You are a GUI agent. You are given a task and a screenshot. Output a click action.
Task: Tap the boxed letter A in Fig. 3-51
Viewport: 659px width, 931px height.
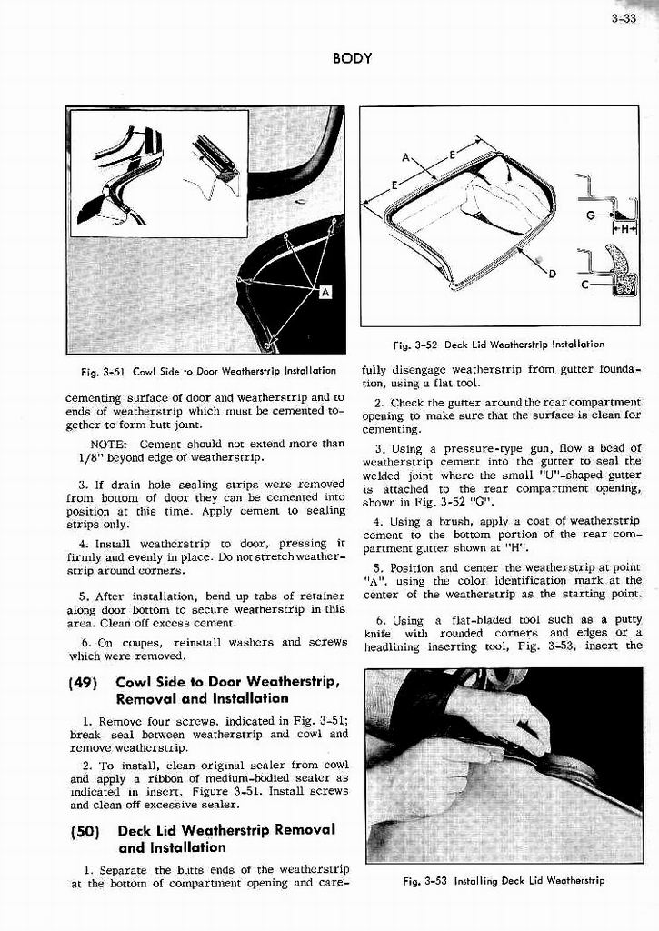pos(325,292)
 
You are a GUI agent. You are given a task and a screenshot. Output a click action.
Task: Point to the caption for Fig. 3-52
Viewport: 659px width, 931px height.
pos(499,345)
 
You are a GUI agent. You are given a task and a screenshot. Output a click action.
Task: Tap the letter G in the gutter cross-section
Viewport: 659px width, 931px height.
pos(592,215)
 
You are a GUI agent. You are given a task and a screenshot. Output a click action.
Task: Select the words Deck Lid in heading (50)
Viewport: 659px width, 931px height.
pos(151,830)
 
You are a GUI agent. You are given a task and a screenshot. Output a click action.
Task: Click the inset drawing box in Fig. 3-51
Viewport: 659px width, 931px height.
pos(159,173)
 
